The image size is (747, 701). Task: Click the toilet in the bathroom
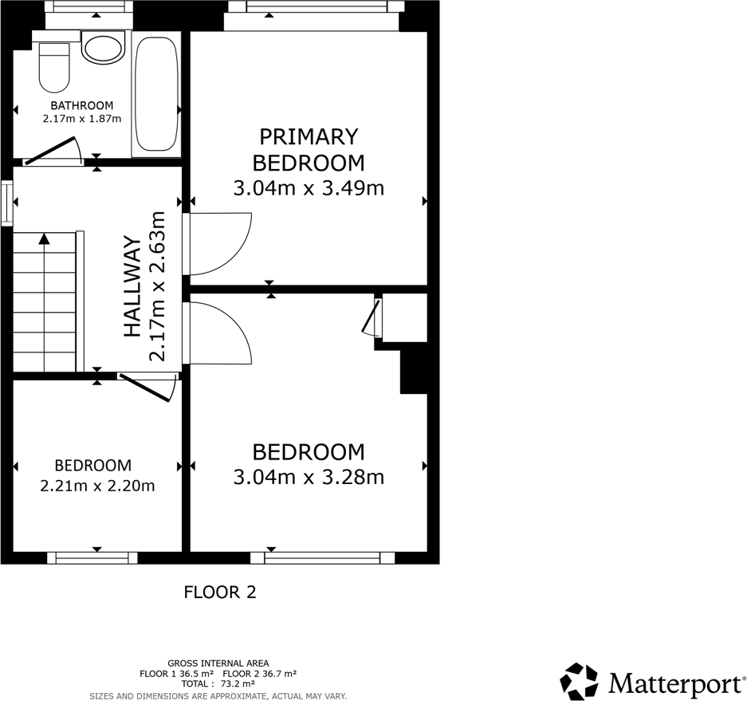(54, 68)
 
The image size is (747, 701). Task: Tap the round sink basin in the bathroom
(103, 47)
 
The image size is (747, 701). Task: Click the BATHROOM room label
(82, 105)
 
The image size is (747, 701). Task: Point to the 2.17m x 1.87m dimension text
(82, 119)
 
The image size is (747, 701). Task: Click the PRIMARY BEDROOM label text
(309, 150)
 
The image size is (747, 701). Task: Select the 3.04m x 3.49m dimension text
(309, 188)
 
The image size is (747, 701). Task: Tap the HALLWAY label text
(133, 286)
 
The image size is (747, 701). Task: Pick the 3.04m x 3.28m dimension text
(309, 477)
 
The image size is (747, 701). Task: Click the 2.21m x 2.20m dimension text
(97, 486)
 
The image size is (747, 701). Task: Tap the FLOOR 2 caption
(220, 593)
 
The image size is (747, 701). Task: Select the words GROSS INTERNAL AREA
(218, 664)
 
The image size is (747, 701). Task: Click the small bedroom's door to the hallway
(148, 387)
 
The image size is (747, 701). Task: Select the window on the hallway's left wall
(6, 203)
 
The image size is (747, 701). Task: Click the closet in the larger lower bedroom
(404, 317)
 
